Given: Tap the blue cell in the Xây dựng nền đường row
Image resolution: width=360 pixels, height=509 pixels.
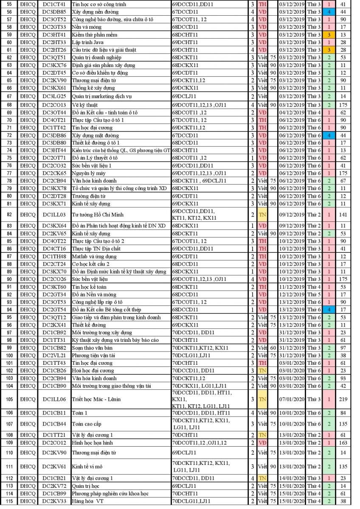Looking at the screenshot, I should (x=329, y=11).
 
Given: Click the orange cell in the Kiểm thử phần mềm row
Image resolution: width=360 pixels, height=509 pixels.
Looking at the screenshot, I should (x=329, y=34).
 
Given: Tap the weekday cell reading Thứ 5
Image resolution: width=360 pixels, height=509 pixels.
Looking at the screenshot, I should (x=314, y=294).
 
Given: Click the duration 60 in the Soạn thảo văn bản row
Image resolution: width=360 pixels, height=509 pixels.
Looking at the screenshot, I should (x=273, y=348).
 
